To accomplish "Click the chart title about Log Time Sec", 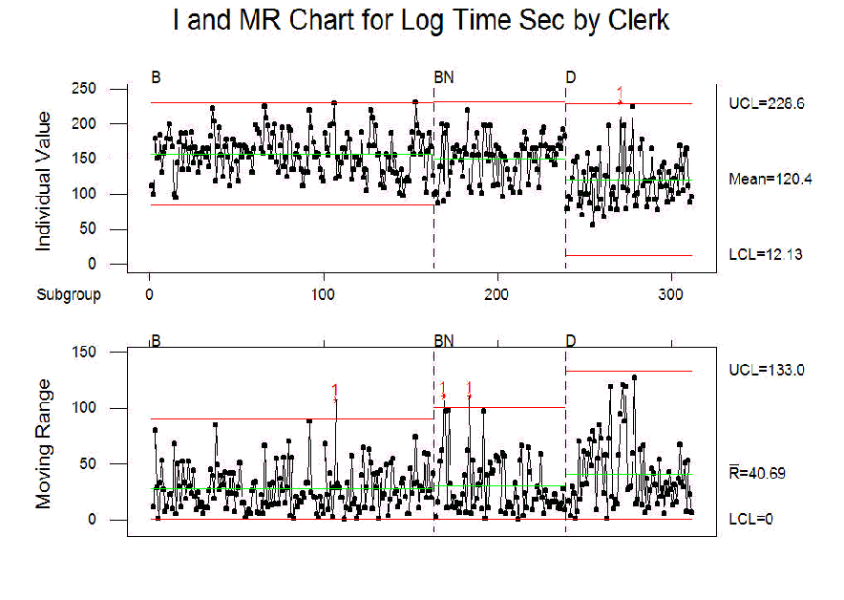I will tap(421, 22).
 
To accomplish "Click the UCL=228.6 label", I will tap(767, 103).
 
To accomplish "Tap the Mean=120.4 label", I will tap(770, 179).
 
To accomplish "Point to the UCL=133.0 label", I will tap(767, 370).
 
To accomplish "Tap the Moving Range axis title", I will tap(44, 442).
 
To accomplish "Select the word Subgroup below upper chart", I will tap(69, 294).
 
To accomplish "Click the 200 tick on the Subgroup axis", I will tap(496, 294).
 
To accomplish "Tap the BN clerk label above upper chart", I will tap(444, 76).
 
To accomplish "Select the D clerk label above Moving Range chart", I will tap(571, 341).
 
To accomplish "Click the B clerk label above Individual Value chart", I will tap(156, 76).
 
